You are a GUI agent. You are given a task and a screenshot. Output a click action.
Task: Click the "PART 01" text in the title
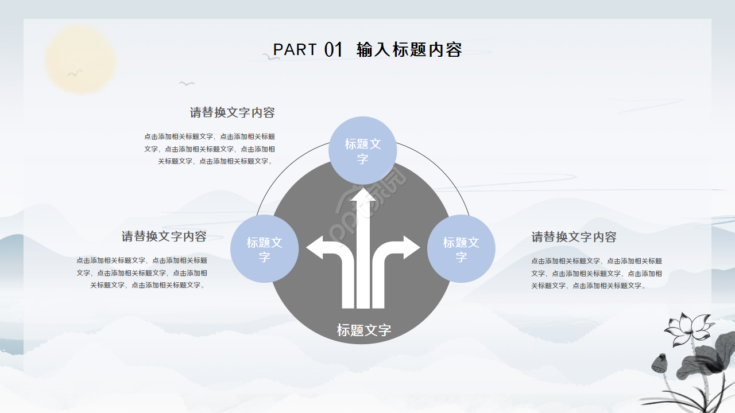pyautogui.click(x=308, y=50)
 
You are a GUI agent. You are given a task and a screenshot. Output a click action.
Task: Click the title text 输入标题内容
pyautogui.click(x=409, y=50)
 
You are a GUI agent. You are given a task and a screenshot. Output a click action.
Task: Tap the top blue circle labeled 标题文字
pyautogui.click(x=362, y=151)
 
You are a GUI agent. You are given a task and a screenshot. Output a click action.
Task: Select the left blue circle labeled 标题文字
pyautogui.click(x=264, y=249)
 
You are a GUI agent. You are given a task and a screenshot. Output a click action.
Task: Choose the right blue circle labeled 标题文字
pyautogui.click(x=461, y=249)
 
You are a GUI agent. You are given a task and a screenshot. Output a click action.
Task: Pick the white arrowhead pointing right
pyautogui.click(x=411, y=248)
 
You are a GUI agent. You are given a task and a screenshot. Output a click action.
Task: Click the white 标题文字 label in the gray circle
pyautogui.click(x=363, y=330)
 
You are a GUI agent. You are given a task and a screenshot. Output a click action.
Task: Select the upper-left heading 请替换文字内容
pyautogui.click(x=232, y=112)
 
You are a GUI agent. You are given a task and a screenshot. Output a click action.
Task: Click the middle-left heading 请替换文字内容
pyautogui.click(x=164, y=236)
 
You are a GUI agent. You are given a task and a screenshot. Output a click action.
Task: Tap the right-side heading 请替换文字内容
pyautogui.click(x=574, y=237)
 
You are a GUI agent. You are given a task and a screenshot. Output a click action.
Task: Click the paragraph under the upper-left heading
pyautogui.click(x=210, y=149)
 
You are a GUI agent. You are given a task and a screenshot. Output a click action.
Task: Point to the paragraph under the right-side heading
pyautogui.click(x=596, y=273)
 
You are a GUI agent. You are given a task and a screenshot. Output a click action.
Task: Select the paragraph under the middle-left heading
pyautogui.click(x=142, y=272)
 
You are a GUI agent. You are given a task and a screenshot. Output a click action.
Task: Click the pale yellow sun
pyautogui.click(x=81, y=60)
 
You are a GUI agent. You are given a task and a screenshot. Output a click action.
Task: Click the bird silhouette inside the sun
pyautogui.click(x=75, y=73)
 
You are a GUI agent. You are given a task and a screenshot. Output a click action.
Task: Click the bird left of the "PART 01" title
pyautogui.click(x=270, y=57)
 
